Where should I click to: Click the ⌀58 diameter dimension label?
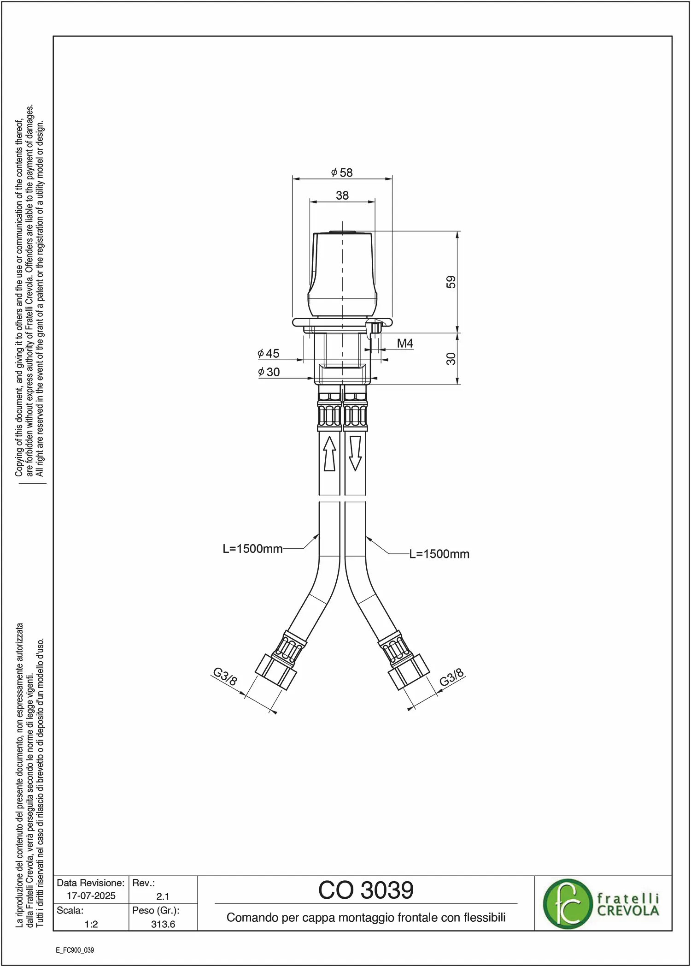342,172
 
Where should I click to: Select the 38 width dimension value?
342,196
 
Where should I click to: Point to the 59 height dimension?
451,282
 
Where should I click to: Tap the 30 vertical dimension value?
451,358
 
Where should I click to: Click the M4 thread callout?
405,343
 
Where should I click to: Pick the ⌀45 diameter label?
269,353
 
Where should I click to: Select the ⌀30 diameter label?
269,372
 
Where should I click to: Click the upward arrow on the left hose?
329,453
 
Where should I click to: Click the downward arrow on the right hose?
355,453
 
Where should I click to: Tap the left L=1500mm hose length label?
252,549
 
